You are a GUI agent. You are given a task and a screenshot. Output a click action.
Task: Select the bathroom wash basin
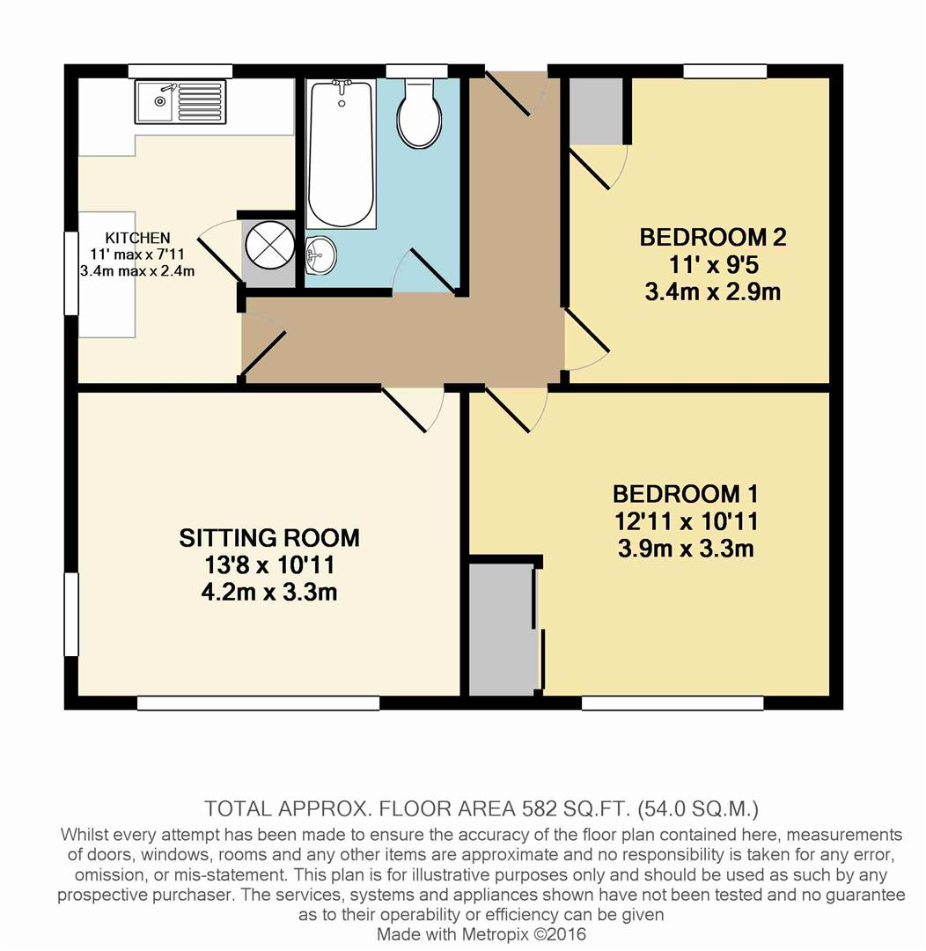coord(320,255)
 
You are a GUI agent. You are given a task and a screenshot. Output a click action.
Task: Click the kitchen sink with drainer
coord(180,101)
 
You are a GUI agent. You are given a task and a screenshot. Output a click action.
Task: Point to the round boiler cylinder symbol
coord(269,245)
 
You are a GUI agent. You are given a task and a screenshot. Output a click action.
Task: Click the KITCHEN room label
coord(137,238)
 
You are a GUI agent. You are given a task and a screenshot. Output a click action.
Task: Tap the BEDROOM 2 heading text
coord(712,237)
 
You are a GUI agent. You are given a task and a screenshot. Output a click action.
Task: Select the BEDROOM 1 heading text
coord(685,494)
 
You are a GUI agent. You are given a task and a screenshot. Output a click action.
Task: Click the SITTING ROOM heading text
coord(269,538)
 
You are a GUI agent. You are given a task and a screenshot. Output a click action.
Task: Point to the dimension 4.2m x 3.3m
coord(269,592)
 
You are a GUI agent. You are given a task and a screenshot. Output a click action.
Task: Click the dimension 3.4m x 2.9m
coord(712,292)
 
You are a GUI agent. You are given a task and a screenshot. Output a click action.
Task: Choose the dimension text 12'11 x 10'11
coord(685,521)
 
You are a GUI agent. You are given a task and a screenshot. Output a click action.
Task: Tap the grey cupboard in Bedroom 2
coord(597,111)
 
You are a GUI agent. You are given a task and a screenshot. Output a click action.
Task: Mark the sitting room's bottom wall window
coord(258,703)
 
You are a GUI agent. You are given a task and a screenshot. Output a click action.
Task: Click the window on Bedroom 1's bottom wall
coord(672,703)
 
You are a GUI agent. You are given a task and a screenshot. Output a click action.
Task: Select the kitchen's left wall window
coord(71,273)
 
